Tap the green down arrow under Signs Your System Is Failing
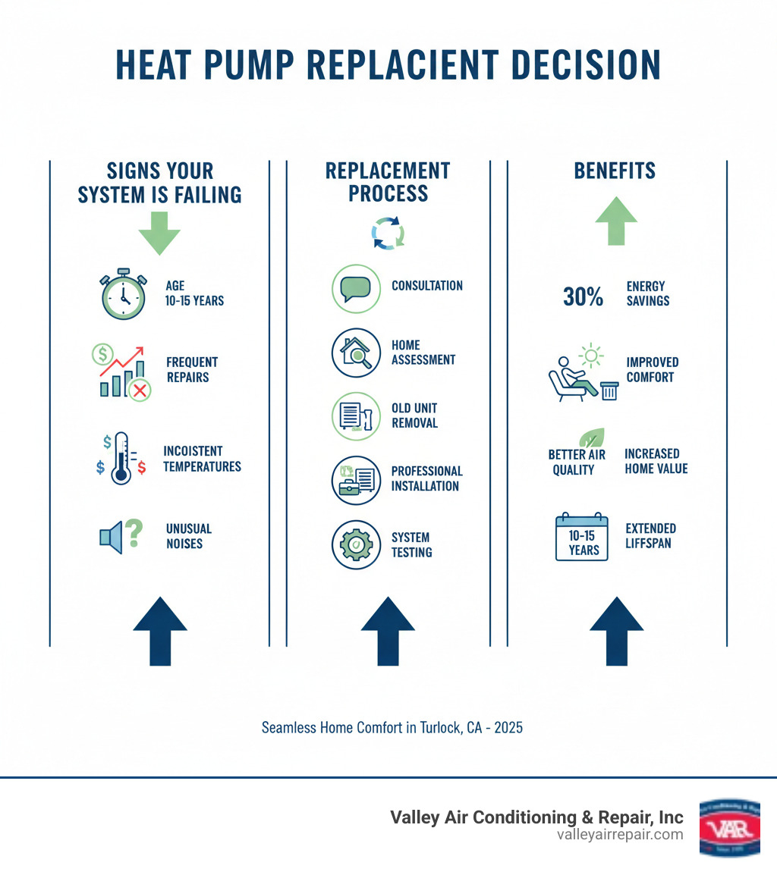[x=159, y=231]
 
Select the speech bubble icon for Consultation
[x=356, y=288]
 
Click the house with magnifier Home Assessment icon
[x=356, y=353]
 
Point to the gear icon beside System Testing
[x=356, y=544]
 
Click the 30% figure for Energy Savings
[x=583, y=297]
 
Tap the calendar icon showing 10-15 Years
[x=582, y=536]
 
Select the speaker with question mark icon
[x=121, y=536]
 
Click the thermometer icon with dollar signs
[x=119, y=458]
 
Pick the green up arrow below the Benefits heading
[x=616, y=221]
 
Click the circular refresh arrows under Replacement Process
[x=388, y=233]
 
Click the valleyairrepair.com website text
[x=619, y=835]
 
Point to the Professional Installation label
[x=426, y=478]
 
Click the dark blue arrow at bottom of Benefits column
[x=616, y=629]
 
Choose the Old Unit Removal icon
[x=356, y=416]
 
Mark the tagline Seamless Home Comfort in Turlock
[x=392, y=727]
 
